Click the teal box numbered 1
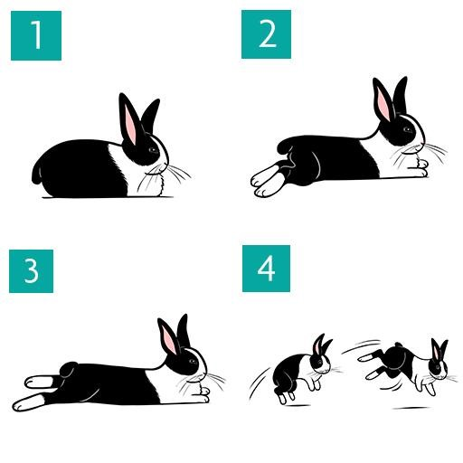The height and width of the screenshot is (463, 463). click(x=36, y=35)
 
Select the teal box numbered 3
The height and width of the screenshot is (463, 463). click(x=33, y=269)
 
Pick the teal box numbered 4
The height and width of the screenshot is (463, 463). click(x=266, y=269)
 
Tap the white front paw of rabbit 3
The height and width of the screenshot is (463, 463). click(x=201, y=392)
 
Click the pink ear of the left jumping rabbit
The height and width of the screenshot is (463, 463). click(x=317, y=346)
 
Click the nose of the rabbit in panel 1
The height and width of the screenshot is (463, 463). click(x=165, y=163)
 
